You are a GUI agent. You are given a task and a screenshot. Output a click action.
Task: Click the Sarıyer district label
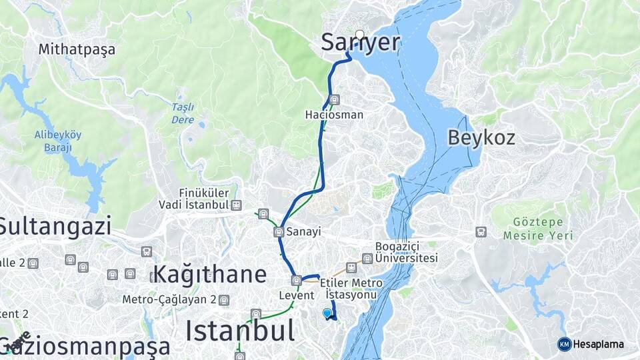click(x=361, y=43)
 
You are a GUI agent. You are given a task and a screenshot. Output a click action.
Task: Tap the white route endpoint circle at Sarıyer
click(x=360, y=35)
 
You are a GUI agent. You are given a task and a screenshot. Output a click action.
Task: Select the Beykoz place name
click(x=481, y=138)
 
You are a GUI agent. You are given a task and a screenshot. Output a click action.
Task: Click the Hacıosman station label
click(x=334, y=115)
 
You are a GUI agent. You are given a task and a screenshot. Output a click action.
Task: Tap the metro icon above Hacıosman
click(x=335, y=100)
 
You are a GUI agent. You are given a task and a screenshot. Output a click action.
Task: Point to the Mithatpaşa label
click(x=77, y=49)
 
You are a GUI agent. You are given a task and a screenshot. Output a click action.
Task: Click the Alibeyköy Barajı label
click(x=58, y=141)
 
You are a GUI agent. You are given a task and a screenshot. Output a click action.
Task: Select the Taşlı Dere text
click(x=183, y=113)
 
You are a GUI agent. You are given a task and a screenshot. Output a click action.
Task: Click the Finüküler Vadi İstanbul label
click(x=193, y=199)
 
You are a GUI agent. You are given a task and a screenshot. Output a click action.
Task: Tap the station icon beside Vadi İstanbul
click(x=237, y=205)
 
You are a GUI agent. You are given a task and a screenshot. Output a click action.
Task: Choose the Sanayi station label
click(x=303, y=232)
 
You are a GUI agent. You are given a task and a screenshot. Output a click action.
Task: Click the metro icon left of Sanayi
click(x=279, y=232)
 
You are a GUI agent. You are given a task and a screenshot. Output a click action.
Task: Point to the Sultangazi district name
click(x=55, y=227)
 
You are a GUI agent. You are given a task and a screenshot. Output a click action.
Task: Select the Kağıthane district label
click(x=209, y=274)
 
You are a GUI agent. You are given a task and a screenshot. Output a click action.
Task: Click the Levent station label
click(x=296, y=294)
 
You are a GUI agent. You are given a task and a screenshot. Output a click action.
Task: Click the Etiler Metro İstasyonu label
click(x=351, y=289)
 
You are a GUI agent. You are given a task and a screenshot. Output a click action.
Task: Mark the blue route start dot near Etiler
click(x=327, y=313)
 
